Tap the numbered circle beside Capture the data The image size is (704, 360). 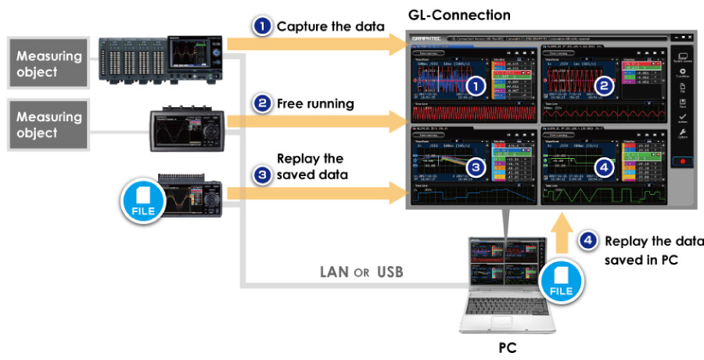point(261,27)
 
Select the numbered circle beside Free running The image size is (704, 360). point(263,103)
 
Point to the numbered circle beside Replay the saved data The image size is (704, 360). point(263,174)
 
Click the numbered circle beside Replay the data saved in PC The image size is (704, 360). point(588,242)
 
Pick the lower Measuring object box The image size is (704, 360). point(50,125)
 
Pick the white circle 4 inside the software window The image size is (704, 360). point(603,167)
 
